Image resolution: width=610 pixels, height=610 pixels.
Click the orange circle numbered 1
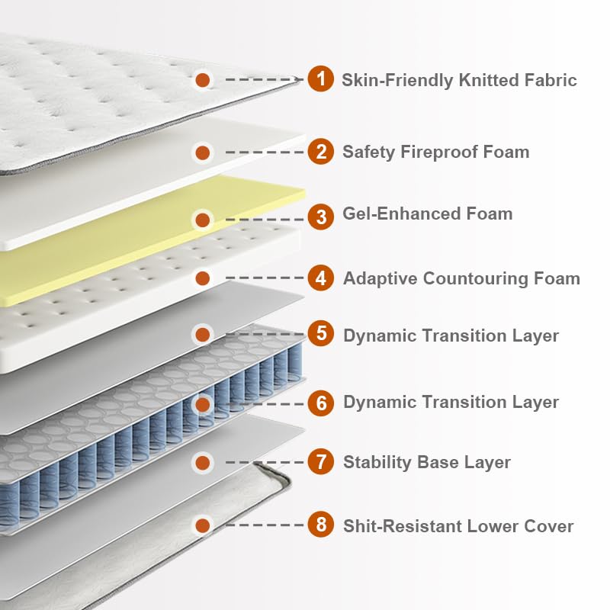click(x=321, y=79)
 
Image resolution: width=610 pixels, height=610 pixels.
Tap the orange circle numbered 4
click(x=321, y=278)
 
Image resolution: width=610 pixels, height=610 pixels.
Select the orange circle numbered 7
click(x=321, y=461)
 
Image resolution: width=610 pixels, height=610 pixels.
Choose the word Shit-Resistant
click(x=401, y=525)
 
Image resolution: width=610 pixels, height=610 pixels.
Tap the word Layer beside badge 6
click(x=535, y=402)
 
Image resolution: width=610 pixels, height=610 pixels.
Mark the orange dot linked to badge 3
click(x=202, y=220)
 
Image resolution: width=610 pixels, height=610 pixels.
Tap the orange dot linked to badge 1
click(x=202, y=79)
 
